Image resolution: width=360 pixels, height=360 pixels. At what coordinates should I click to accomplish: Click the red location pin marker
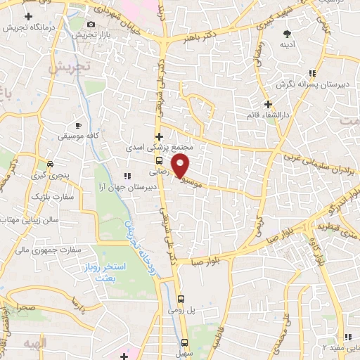coord(181,166)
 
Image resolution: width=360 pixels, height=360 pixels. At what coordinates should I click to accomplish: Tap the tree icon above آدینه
coord(287,34)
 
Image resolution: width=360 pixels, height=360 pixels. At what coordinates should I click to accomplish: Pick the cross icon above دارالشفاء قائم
coord(268,103)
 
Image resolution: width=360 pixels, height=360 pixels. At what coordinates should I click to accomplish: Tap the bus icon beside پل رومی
coord(182,298)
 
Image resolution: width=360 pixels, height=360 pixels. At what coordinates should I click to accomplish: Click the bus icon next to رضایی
coord(159,160)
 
